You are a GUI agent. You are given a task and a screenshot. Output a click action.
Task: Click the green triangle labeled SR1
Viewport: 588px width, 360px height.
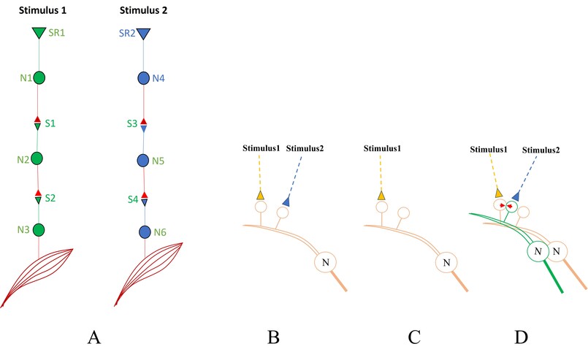coord(39,34)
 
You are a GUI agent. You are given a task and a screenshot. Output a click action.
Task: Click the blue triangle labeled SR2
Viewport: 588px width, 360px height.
coord(143,34)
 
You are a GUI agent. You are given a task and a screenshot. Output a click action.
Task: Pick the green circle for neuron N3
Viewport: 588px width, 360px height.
coord(39,230)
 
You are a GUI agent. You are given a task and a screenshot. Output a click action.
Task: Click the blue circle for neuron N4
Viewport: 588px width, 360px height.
coord(144,77)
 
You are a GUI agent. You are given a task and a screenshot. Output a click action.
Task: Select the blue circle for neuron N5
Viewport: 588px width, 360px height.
coord(144,160)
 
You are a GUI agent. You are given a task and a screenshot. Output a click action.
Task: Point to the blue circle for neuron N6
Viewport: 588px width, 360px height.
coord(145,232)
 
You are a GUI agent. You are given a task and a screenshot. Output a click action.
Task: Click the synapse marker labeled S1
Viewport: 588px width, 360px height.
coord(39,123)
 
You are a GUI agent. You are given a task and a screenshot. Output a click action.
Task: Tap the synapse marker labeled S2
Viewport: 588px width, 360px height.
coord(39,196)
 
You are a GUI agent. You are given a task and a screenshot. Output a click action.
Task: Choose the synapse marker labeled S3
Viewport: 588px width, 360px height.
coord(144,124)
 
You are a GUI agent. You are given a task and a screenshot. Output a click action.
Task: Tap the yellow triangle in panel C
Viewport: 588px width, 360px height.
coord(381,196)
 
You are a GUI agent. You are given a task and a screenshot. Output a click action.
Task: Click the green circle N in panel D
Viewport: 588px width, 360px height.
coord(537,253)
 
